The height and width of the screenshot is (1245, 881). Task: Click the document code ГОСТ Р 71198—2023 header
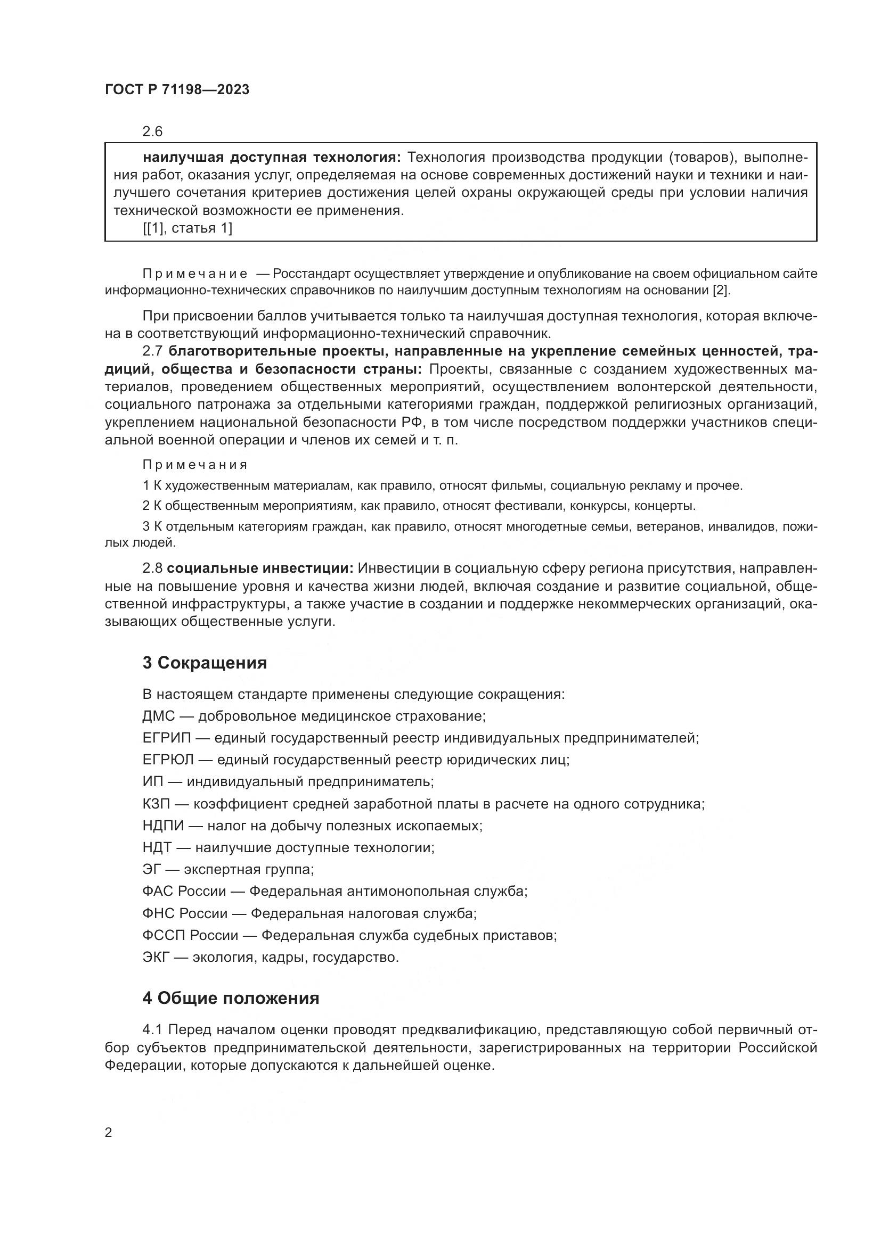(x=177, y=90)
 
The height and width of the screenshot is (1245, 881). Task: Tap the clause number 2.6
(x=152, y=132)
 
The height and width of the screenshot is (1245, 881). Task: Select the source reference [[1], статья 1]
(x=187, y=228)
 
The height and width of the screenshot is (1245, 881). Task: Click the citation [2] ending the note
(x=721, y=290)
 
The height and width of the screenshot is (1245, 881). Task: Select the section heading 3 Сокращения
(x=205, y=663)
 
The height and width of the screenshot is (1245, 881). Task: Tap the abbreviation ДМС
(x=159, y=716)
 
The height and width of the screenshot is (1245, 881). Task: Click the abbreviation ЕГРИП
(x=167, y=738)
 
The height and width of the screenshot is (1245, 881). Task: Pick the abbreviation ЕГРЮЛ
(x=168, y=760)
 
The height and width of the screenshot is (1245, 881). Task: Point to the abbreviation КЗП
(x=156, y=804)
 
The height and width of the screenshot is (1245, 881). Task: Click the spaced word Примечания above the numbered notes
(x=195, y=465)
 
